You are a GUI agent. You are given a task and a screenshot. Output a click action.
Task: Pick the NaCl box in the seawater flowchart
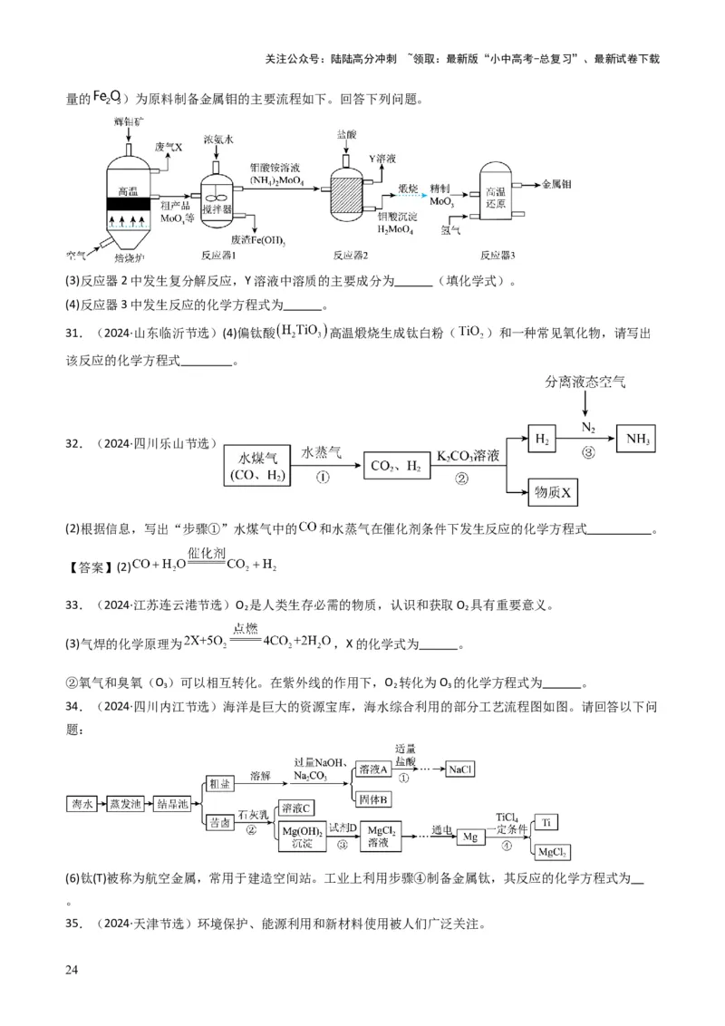(x=460, y=769)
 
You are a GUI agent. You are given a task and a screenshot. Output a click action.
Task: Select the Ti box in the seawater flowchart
(x=546, y=822)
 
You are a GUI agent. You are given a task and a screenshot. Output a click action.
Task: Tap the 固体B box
(x=373, y=799)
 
